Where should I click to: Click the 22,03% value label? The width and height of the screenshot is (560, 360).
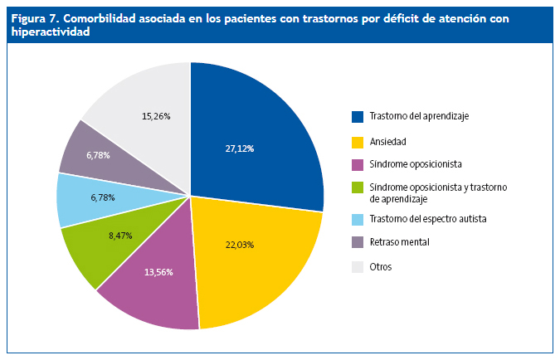pyautogui.click(x=239, y=245)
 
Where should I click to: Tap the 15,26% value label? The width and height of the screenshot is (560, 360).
pyautogui.click(x=156, y=116)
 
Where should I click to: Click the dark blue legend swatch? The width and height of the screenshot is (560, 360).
pyautogui.click(x=358, y=116)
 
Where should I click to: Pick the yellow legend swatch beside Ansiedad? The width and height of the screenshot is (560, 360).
pyautogui.click(x=358, y=141)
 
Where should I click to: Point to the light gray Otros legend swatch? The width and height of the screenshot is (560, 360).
pyautogui.click(x=358, y=267)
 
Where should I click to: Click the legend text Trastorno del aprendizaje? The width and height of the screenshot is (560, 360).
pyautogui.click(x=419, y=116)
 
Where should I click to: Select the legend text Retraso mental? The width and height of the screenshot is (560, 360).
pyautogui.click(x=400, y=242)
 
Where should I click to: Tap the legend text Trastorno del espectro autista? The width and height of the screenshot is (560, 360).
pyautogui.click(x=427, y=218)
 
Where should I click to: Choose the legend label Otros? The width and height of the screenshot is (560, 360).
pyautogui.click(x=381, y=267)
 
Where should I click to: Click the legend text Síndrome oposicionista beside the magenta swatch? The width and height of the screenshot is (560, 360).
pyautogui.click(x=416, y=165)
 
